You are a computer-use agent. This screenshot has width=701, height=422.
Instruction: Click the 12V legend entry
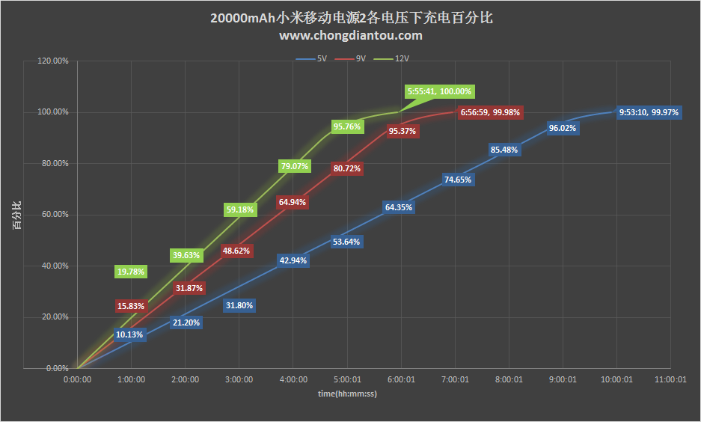397,58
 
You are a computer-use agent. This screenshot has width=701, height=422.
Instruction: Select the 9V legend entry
357,58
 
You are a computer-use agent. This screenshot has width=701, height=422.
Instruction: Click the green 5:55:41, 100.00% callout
439,91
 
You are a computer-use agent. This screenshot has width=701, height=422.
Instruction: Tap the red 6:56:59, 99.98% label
490,112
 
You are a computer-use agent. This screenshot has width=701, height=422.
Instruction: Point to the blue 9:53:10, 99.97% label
649,112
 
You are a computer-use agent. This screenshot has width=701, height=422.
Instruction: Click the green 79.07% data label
294,166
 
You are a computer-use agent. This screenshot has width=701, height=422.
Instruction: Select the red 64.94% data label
293,202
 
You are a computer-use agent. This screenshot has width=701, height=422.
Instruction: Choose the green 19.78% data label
131,272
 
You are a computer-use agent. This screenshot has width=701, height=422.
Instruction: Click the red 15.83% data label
131,305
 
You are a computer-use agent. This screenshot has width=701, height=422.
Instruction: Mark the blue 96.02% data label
563,128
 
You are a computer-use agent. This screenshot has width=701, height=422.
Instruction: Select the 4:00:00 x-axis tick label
293,379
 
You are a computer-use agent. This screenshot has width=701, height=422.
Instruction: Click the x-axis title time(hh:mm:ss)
346,393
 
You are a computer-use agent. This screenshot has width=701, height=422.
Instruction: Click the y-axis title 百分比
16,214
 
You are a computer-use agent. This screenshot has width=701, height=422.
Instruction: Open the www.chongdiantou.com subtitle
350,35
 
